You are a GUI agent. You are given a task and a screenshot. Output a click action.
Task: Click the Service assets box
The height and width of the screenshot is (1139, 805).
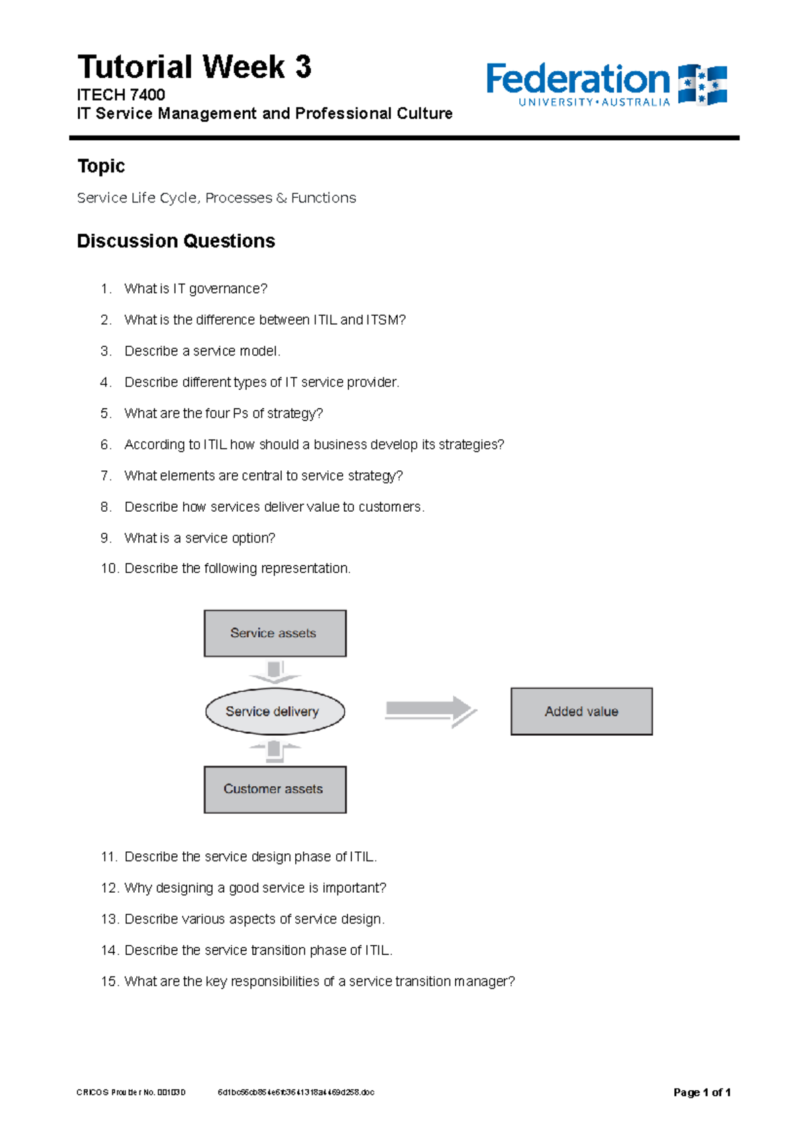pyautogui.click(x=275, y=633)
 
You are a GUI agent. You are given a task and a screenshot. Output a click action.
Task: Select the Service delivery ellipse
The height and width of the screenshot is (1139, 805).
pyautogui.click(x=274, y=711)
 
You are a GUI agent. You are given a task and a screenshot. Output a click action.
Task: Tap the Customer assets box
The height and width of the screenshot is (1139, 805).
pyautogui.click(x=275, y=789)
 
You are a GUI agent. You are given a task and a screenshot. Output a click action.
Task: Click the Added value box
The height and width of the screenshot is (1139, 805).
pyautogui.click(x=581, y=711)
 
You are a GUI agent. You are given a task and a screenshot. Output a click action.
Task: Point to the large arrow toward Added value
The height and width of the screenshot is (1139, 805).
pyautogui.click(x=430, y=711)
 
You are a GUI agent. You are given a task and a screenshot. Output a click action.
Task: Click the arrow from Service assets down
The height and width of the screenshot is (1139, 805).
pyautogui.click(x=274, y=671)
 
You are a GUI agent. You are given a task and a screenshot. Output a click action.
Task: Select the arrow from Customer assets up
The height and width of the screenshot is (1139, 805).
pyautogui.click(x=274, y=751)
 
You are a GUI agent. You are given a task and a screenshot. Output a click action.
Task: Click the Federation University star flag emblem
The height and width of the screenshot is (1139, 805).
pyautogui.click(x=702, y=85)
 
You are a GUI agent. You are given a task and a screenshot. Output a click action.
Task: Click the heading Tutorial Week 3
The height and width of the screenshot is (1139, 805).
pyautogui.click(x=194, y=67)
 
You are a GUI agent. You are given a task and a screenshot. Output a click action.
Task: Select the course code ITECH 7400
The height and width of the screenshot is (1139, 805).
pyautogui.click(x=121, y=95)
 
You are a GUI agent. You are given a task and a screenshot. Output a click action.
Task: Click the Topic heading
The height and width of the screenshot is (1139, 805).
pyautogui.click(x=101, y=166)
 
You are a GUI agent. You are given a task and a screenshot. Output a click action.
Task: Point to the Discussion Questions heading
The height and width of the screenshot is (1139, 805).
pyautogui.click(x=176, y=241)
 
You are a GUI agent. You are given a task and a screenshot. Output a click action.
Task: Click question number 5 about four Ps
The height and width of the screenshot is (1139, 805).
pyautogui.click(x=223, y=413)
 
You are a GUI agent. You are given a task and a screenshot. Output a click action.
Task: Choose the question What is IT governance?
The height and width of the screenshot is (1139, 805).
pyautogui.click(x=195, y=288)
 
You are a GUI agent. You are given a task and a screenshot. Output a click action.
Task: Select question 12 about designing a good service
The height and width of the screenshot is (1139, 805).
pyautogui.click(x=255, y=887)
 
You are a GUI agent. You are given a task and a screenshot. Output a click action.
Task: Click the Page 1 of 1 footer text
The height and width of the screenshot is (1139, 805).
pyautogui.click(x=702, y=1092)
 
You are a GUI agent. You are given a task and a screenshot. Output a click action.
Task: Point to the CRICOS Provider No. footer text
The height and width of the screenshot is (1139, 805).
pyautogui.click(x=131, y=1092)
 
